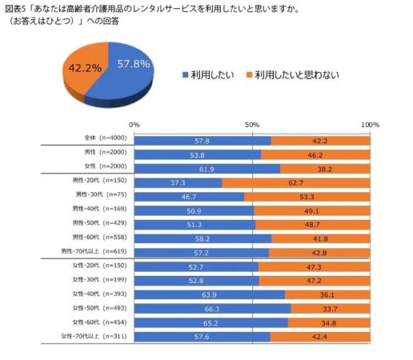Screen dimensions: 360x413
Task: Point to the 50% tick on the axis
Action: (x=251, y=125)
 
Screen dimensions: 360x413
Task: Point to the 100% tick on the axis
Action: (x=370, y=125)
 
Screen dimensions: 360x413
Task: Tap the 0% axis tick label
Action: (x=134, y=125)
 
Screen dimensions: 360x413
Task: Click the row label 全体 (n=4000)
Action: (x=102, y=139)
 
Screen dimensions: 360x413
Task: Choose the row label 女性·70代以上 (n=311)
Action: (x=97, y=336)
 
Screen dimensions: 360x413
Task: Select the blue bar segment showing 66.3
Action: (x=212, y=308)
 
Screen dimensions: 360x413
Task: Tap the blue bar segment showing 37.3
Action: (x=178, y=182)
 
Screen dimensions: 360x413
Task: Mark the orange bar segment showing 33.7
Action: (x=330, y=308)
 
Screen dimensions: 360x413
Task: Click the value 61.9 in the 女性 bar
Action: (x=206, y=168)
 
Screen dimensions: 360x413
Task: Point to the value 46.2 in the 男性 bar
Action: (x=315, y=154)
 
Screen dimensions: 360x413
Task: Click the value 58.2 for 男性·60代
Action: (x=202, y=238)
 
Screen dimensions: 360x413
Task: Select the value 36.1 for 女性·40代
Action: (x=327, y=294)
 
